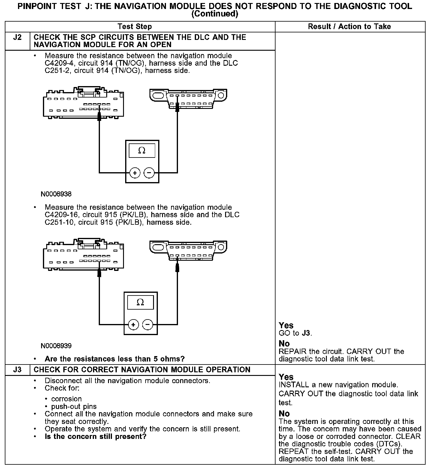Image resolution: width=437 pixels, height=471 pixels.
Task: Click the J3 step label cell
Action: [18, 370]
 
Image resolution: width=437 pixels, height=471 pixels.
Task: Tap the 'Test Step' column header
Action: [135, 27]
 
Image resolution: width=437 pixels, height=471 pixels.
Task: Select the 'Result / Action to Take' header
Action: [349, 27]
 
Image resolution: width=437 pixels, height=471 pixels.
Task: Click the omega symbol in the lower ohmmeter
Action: [140, 302]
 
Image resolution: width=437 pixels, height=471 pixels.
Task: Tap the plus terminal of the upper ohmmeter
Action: [135, 173]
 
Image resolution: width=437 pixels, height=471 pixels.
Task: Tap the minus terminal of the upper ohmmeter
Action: [149, 173]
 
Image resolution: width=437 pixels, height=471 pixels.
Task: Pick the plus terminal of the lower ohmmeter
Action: [134, 325]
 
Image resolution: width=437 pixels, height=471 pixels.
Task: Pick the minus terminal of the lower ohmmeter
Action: [147, 325]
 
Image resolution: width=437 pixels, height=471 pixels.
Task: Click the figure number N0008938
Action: [56, 194]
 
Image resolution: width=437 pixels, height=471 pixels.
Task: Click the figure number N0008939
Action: [56, 346]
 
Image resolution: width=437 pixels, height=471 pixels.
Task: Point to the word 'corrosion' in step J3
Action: [66, 399]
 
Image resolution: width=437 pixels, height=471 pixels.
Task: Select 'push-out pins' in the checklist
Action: [74, 406]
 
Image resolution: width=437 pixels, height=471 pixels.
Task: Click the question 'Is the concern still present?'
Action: [95, 436]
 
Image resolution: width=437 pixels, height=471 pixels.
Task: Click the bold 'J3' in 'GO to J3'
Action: [306, 333]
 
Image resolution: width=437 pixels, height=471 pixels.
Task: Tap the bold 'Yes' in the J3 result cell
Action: [286, 377]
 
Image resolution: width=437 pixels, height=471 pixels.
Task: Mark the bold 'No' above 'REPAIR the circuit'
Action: [284, 343]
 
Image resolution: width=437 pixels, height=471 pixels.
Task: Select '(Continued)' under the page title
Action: [215, 14]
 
